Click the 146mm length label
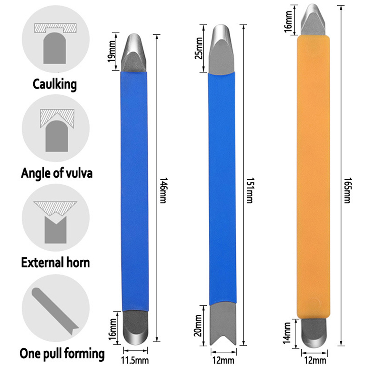(x=163, y=190)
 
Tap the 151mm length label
(x=250, y=190)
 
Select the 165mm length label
(x=348, y=190)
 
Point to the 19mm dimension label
(x=112, y=51)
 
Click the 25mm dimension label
(x=199, y=48)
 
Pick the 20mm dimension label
(x=198, y=325)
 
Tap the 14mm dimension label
(x=287, y=333)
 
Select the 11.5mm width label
(x=135, y=361)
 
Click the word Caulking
(x=54, y=84)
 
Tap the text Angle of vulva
(x=57, y=173)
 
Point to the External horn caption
(x=56, y=263)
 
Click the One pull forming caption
(x=62, y=354)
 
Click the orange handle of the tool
(x=313, y=177)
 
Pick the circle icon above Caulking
(x=56, y=39)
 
